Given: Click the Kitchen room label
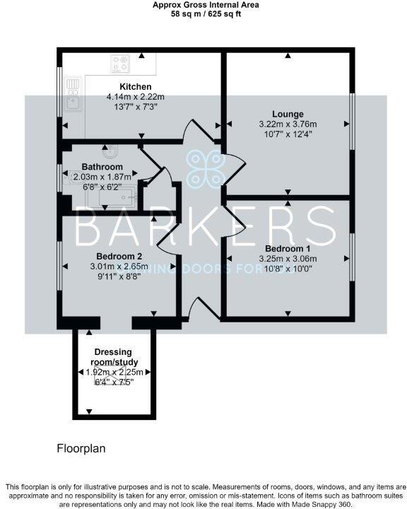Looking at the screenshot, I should (135, 87).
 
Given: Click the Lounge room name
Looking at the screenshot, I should (288, 114).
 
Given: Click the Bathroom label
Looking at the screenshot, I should (102, 167).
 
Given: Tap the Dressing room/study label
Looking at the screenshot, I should (114, 357).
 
